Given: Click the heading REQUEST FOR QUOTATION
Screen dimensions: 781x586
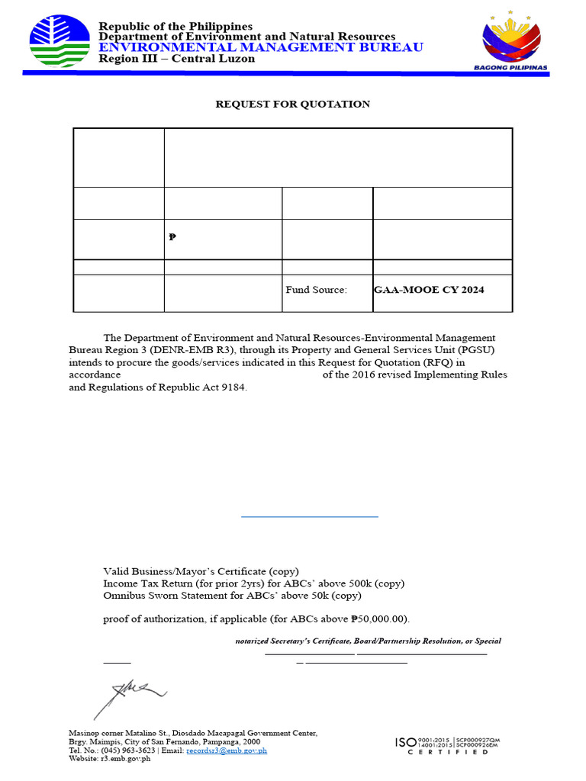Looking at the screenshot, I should [x=293, y=104].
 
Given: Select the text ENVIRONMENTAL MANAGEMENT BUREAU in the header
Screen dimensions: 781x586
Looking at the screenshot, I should [x=261, y=47].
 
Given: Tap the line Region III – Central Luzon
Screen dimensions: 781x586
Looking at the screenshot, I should [x=177, y=59].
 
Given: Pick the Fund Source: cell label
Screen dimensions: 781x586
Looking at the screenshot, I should [x=316, y=290].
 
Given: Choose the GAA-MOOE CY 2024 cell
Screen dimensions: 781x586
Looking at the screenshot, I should [x=429, y=290].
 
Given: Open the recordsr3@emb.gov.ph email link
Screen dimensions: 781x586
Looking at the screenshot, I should [x=227, y=750].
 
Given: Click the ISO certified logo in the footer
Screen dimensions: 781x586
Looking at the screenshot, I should [x=447, y=745].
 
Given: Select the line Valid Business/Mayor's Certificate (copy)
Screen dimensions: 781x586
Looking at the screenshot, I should [x=201, y=571].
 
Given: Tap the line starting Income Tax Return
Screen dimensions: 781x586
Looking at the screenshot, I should [x=254, y=583].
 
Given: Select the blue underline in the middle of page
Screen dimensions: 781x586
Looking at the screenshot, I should [x=310, y=517].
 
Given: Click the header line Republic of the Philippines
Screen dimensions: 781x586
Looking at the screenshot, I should [x=175, y=27].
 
